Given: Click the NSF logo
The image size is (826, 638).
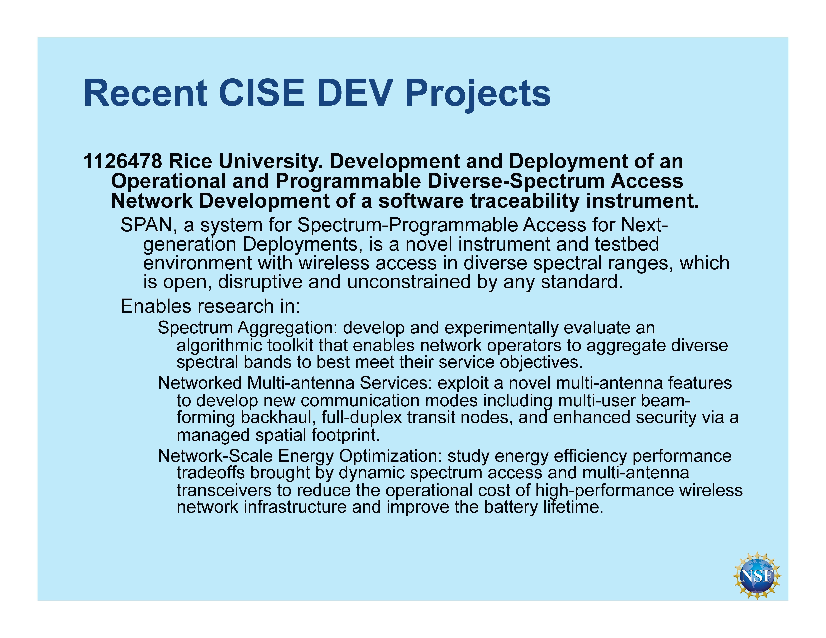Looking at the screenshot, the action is (757, 576).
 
